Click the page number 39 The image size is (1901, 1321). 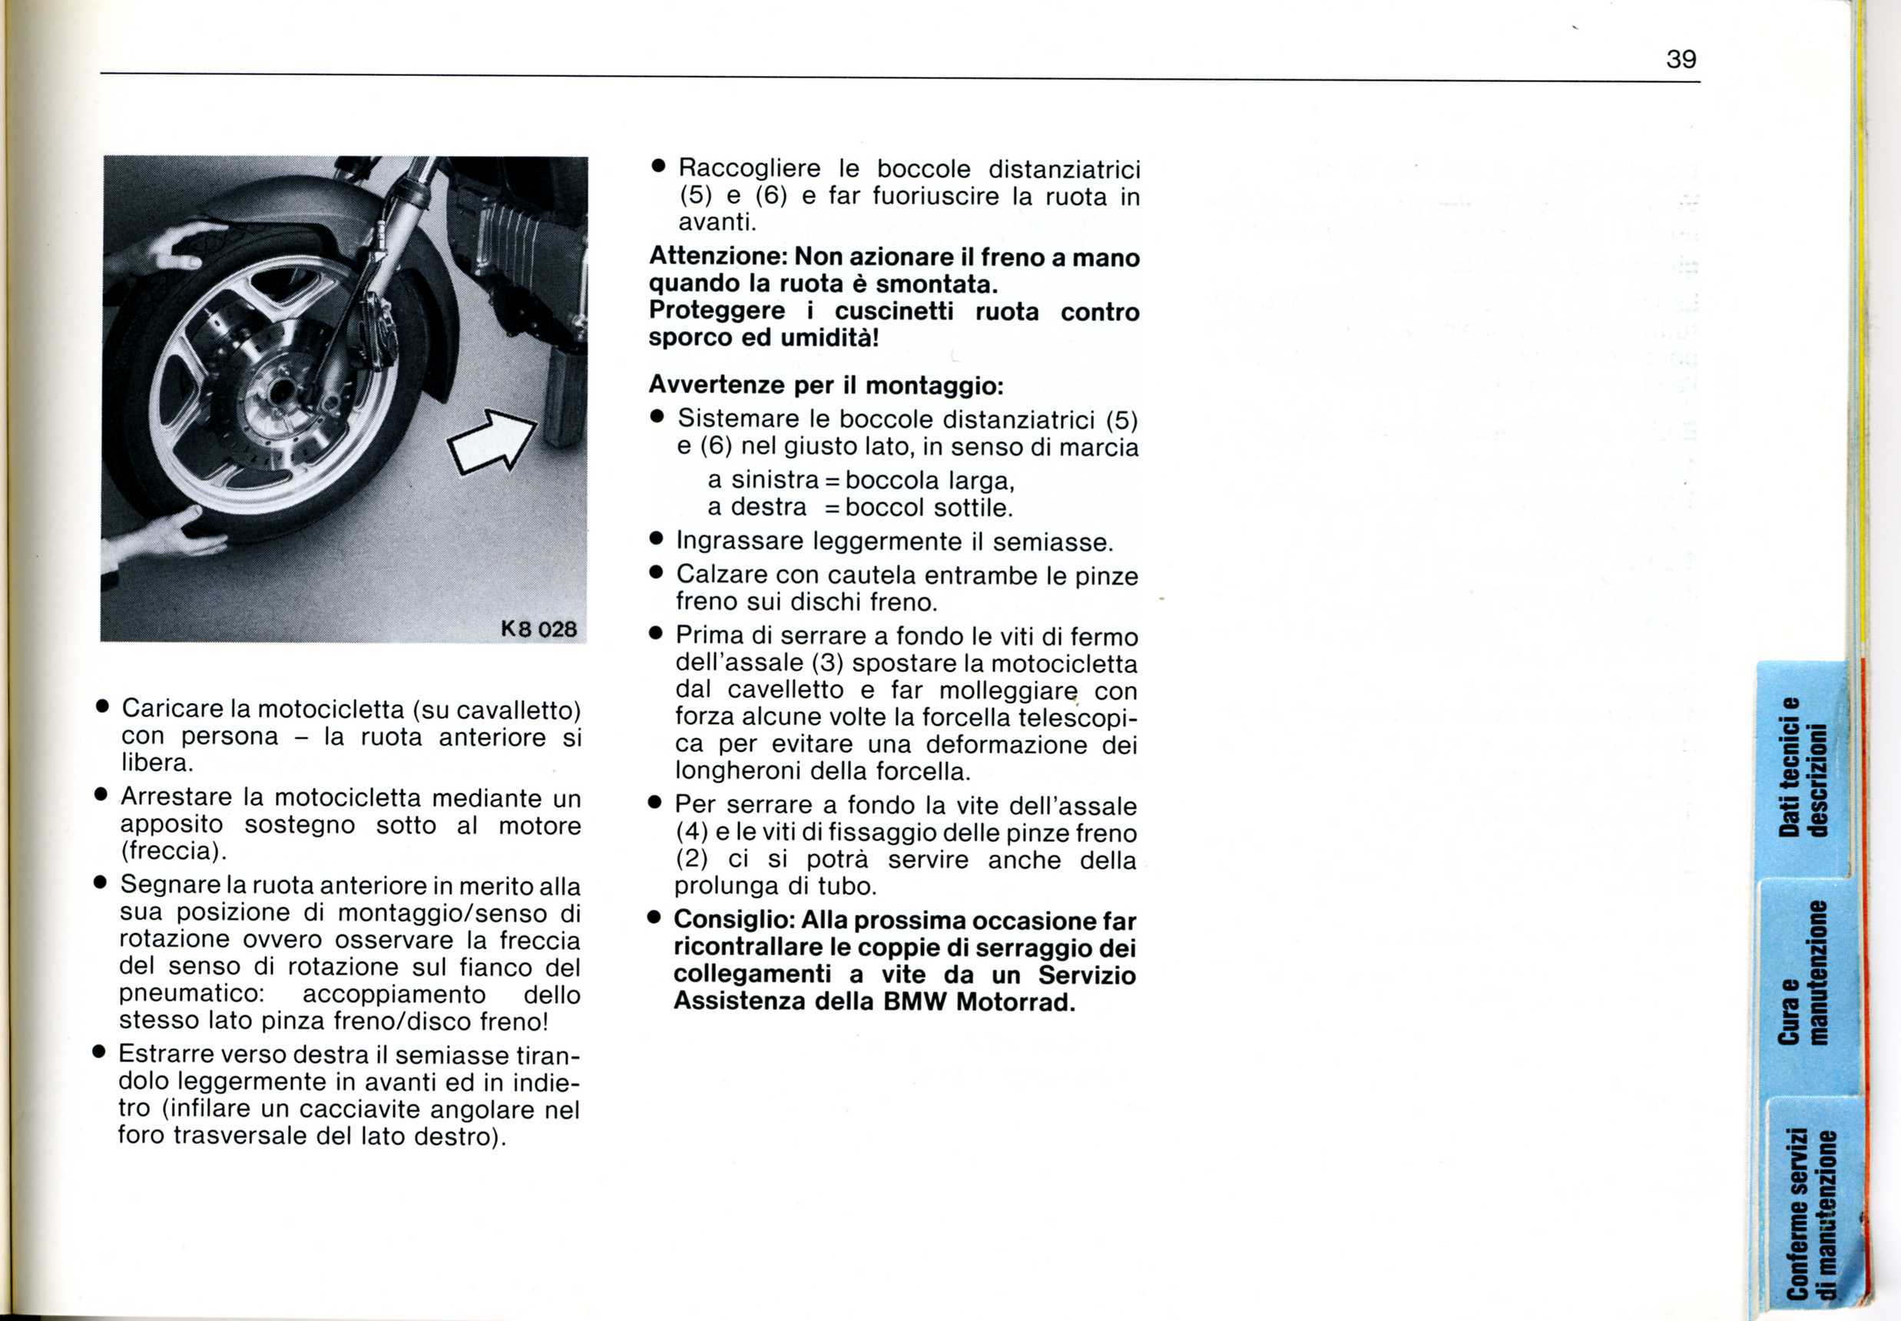[x=1681, y=60]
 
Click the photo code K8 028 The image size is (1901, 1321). [x=538, y=629]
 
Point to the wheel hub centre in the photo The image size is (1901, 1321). [x=279, y=390]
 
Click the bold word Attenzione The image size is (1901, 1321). [x=716, y=257]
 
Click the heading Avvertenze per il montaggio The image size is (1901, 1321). [x=825, y=385]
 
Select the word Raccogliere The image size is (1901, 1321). [x=749, y=169]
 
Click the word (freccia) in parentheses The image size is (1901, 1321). [x=173, y=851]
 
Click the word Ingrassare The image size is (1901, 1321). [x=740, y=541]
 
